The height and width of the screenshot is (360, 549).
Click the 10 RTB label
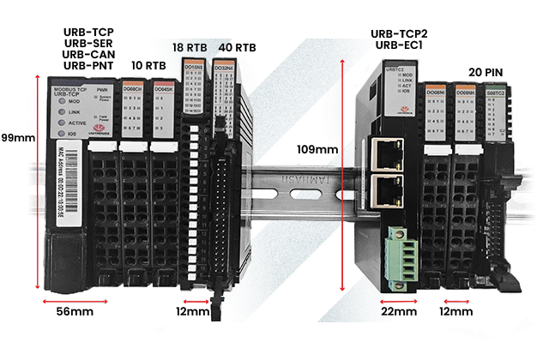point(148,64)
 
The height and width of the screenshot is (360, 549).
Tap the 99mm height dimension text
point(17,138)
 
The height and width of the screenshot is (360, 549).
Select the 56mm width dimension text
point(75,311)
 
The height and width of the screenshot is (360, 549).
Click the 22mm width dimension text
point(398,311)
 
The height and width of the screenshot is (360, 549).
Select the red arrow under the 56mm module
point(76,300)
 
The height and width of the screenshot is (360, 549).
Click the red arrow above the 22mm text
point(400,301)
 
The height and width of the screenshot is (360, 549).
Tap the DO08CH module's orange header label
point(133,89)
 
